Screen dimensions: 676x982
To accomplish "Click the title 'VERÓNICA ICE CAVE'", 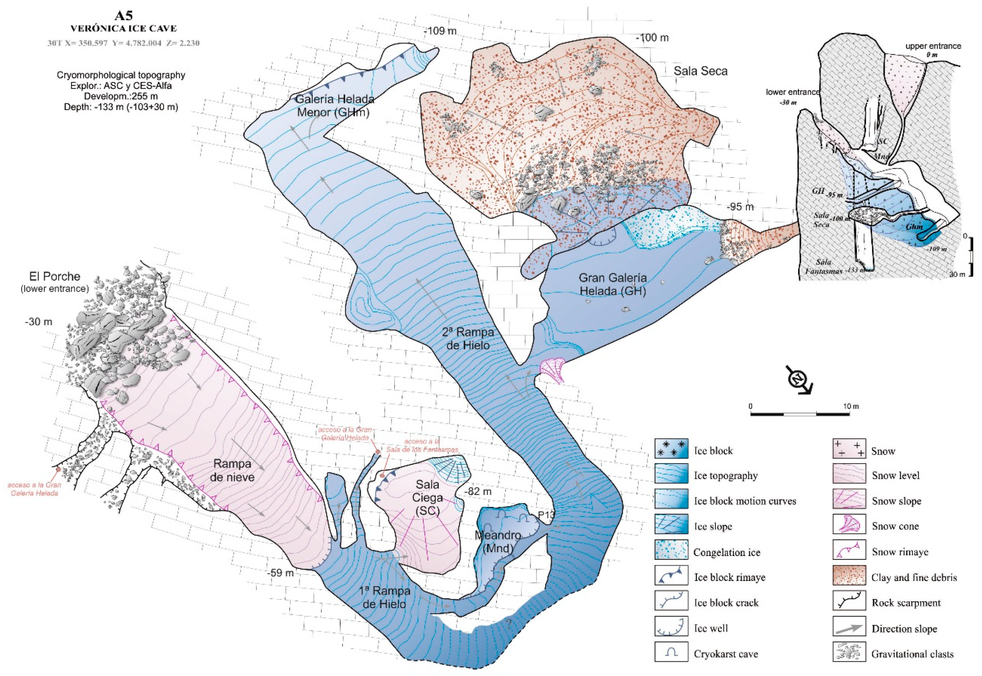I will [x=123, y=29].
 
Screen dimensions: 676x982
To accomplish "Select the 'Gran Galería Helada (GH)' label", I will [x=613, y=284].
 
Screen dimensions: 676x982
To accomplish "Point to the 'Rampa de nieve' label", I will [x=233, y=470].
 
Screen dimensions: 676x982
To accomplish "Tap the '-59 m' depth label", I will [x=280, y=573].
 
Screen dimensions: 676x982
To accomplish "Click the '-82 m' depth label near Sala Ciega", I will [x=478, y=492].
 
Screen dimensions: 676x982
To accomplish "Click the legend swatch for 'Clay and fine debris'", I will [x=849, y=577].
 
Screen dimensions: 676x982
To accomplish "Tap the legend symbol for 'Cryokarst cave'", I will [x=671, y=653].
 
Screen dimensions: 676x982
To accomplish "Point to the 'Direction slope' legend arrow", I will [x=849, y=628].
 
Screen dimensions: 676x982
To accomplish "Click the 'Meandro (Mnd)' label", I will [x=498, y=541].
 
